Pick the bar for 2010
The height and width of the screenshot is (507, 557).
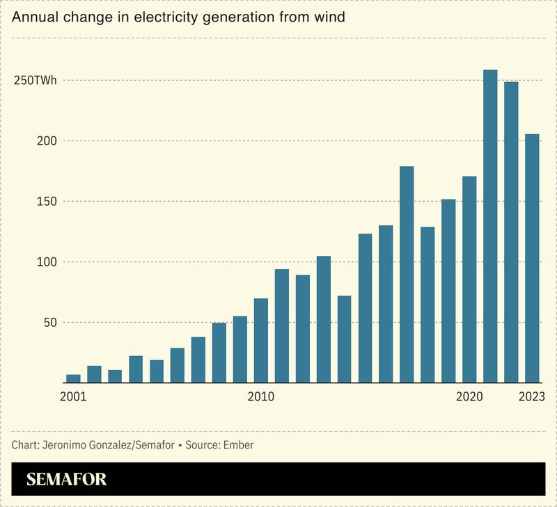[x=261, y=341]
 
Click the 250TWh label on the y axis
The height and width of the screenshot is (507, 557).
[x=36, y=81]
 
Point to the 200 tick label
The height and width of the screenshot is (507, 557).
[x=46, y=141]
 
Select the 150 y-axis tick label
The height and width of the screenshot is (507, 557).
[x=46, y=202]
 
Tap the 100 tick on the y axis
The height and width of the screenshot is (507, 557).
[x=46, y=262]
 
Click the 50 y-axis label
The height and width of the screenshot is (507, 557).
[x=49, y=323]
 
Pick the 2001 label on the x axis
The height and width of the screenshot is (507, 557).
[x=73, y=397]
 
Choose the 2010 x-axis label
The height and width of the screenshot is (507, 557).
[x=261, y=397]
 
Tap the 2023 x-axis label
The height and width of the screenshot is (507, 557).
[x=532, y=397]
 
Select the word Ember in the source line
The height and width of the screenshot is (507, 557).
[x=238, y=445]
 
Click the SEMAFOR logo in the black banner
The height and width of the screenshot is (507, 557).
[x=66, y=479]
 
